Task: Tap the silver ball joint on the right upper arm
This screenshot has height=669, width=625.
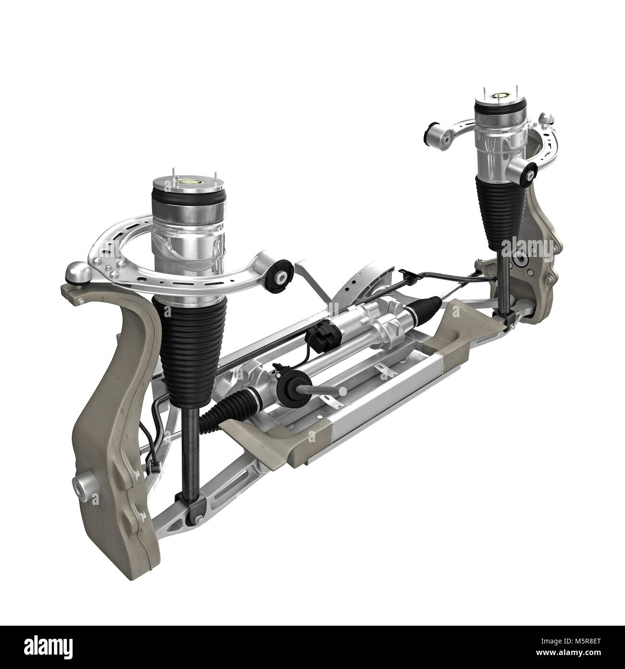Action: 545,117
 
